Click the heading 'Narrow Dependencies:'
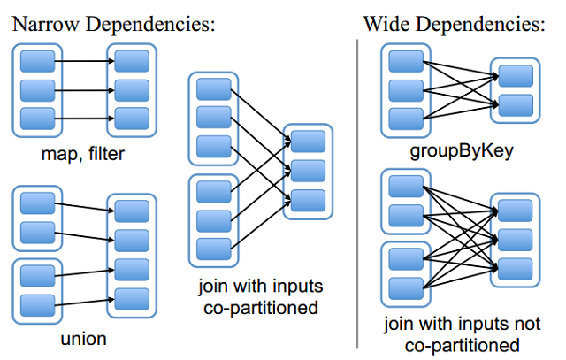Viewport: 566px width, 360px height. tap(113, 24)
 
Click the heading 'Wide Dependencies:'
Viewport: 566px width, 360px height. tap(454, 24)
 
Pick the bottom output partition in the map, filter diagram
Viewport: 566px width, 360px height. tap(131, 118)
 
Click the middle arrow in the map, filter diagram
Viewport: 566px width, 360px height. tap(84, 89)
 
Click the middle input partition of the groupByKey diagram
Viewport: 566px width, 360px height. tap(407, 89)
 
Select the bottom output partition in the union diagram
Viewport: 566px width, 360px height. tap(131, 298)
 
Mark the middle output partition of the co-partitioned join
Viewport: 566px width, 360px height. tap(308, 170)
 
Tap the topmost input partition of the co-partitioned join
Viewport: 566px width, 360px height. tap(213, 89)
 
